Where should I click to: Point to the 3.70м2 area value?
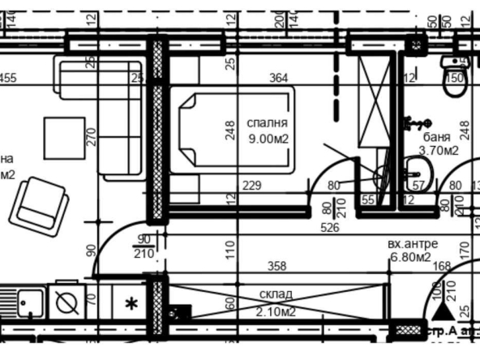439,150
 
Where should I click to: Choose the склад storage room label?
277,294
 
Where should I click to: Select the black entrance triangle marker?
440,311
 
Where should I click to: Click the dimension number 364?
278,78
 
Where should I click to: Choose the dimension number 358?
278,266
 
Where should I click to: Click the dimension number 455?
8,78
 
